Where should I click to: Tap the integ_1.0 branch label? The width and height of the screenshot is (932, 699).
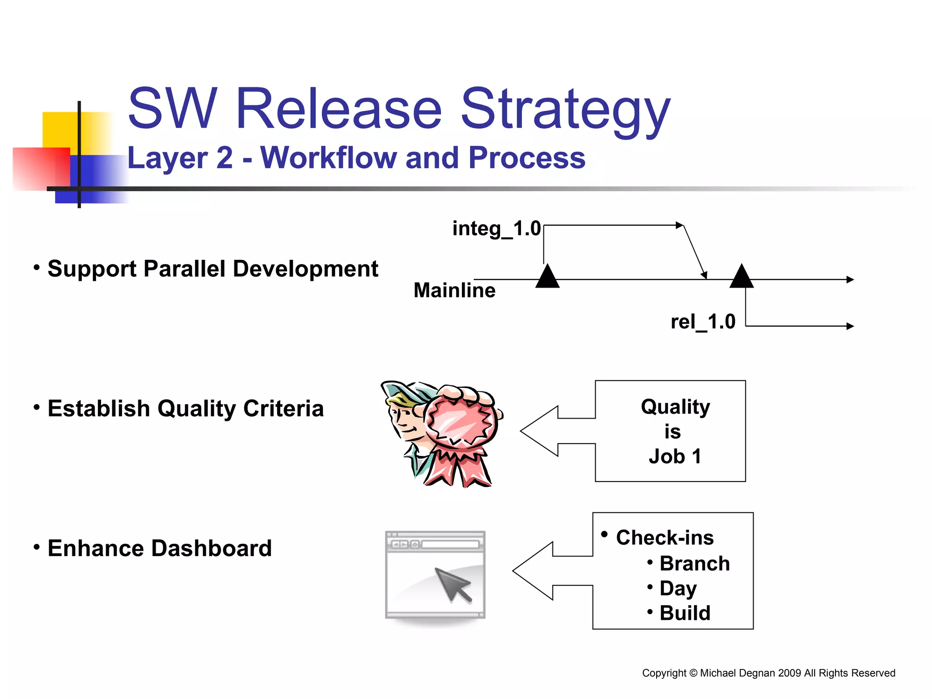496,228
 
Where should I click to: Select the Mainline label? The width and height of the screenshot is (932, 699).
454,290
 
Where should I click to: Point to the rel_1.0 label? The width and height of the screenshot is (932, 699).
703,322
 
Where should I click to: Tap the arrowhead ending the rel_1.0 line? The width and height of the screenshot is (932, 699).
850,326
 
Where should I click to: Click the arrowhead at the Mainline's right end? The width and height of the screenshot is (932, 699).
850,279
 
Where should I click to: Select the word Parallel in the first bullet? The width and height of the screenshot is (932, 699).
184,268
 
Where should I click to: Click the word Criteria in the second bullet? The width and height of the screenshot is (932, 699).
283,408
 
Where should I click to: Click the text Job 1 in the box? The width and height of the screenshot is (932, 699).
674,456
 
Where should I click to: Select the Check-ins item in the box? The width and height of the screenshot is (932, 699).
664,537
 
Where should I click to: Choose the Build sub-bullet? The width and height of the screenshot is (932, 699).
684,613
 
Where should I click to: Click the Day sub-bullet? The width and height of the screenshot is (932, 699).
678,588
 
